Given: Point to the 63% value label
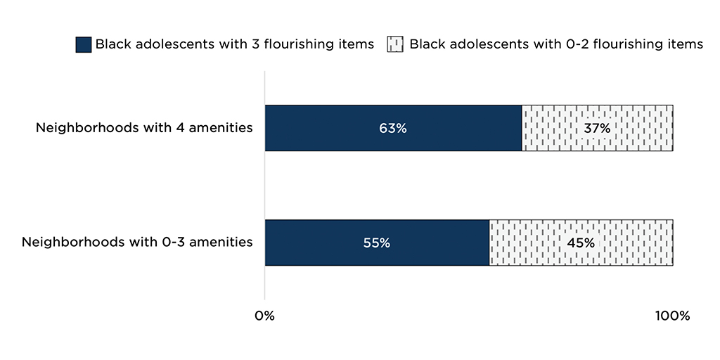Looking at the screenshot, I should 393,129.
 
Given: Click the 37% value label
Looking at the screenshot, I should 597,129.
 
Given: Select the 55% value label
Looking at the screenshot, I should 376,243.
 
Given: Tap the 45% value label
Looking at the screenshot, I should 581,243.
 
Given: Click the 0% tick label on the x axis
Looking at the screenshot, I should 264,316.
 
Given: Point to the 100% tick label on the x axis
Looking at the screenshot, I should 672,316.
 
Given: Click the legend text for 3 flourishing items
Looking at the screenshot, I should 235,44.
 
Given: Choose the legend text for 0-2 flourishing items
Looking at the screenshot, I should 555,44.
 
